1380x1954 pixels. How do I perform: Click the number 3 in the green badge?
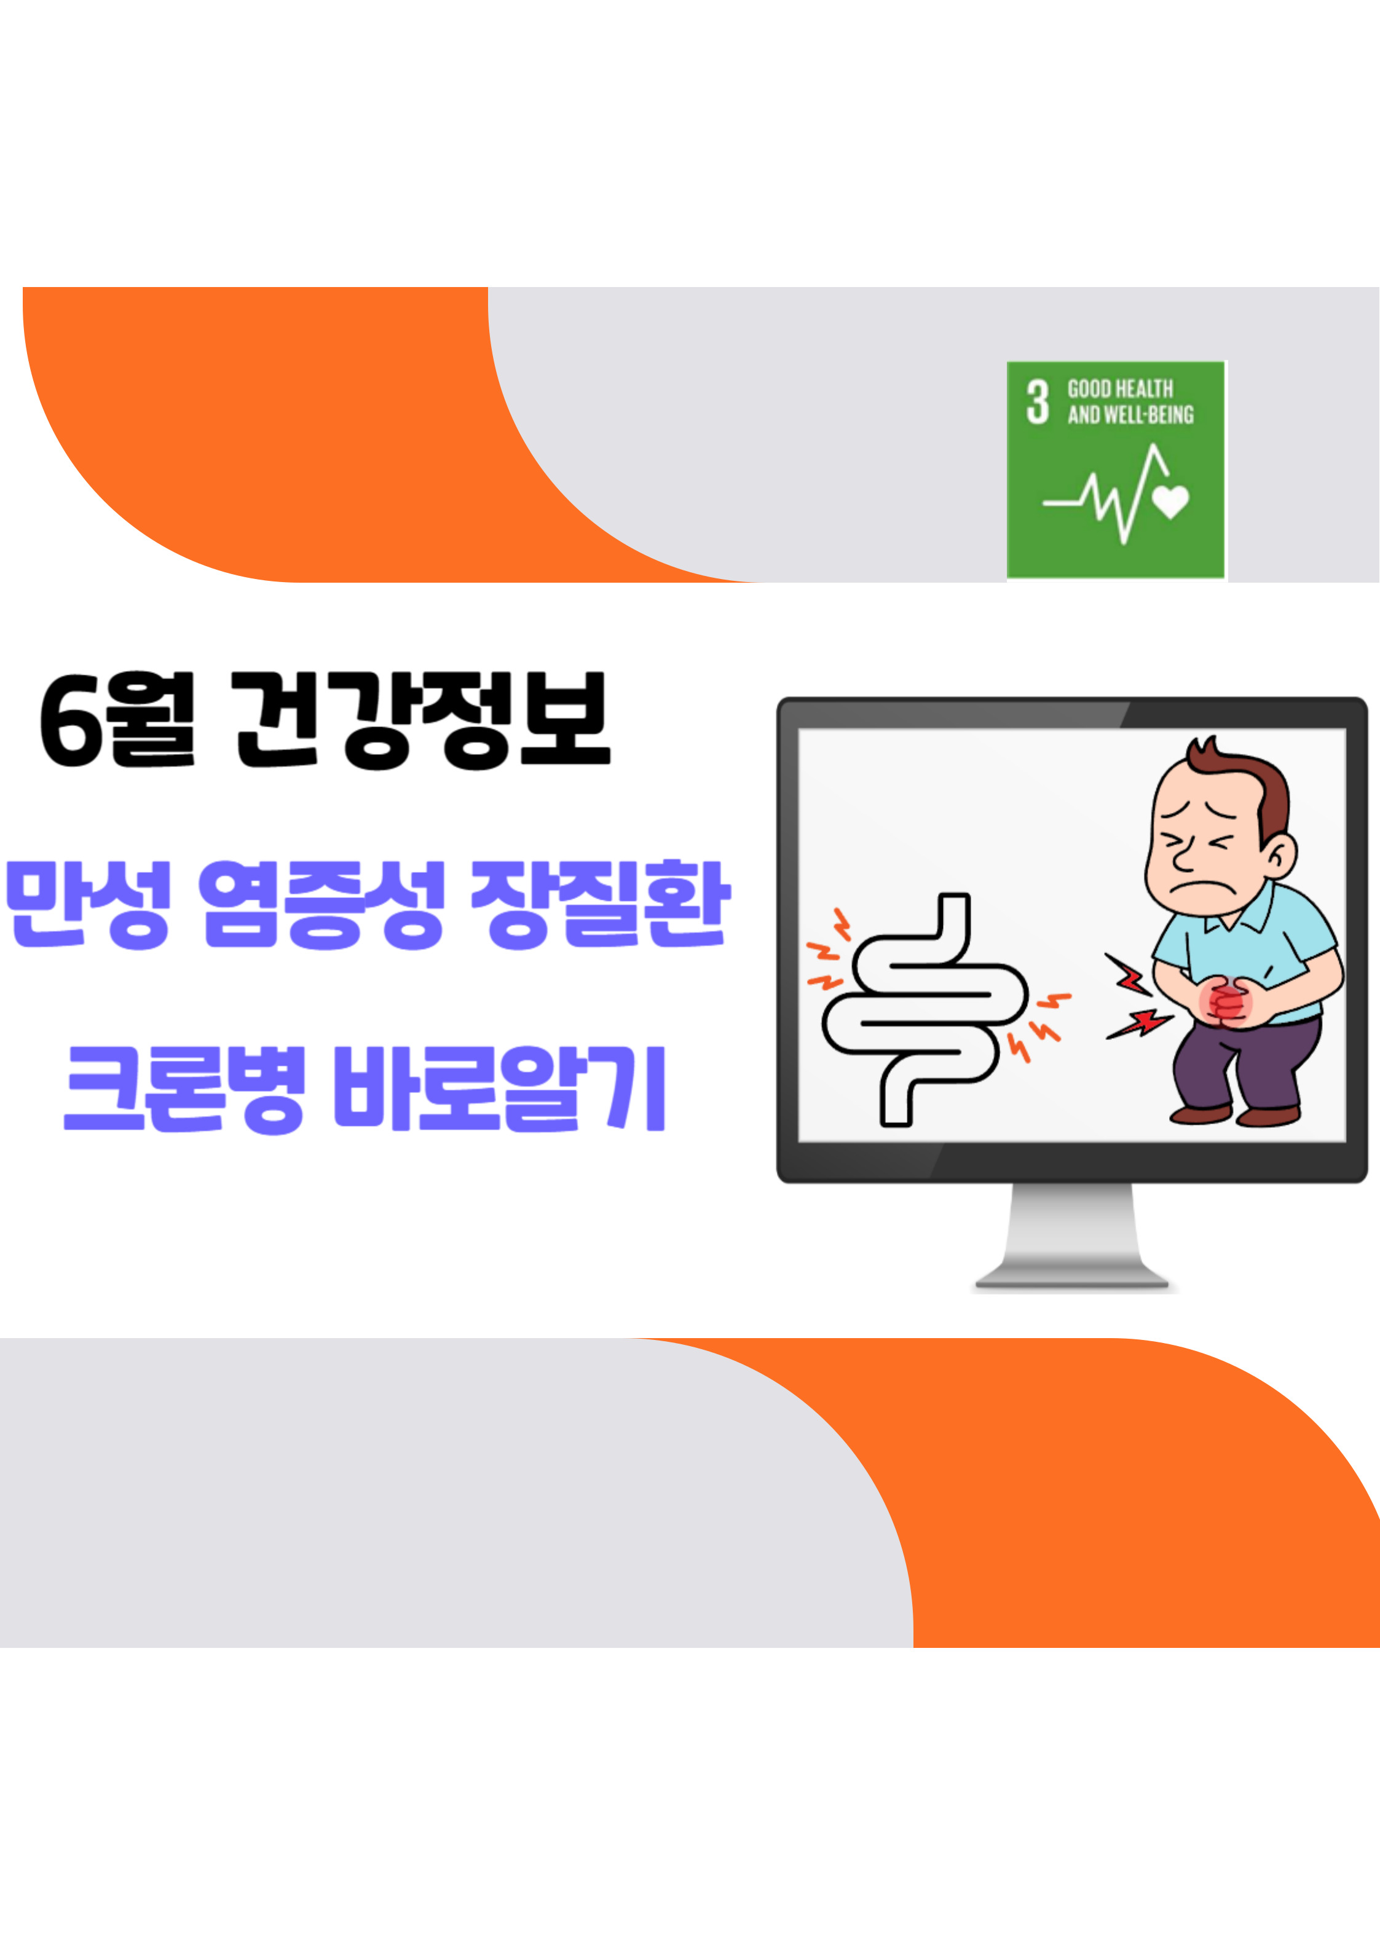1037,402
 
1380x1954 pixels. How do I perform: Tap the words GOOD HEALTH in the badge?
1121,389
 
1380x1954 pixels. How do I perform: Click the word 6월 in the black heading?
117,720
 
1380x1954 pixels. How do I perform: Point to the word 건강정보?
422,720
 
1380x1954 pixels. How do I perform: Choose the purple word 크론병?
185,1089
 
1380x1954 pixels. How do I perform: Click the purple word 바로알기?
499,1089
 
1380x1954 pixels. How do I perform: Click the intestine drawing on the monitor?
925,1009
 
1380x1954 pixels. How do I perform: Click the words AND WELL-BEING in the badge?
1130,416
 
